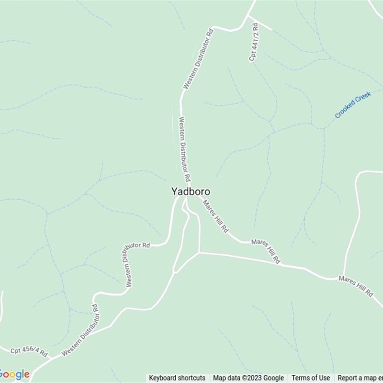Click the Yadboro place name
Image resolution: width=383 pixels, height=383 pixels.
(x=191, y=191)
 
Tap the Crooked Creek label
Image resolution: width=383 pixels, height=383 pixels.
(x=353, y=105)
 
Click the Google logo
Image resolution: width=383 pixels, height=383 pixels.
(x=14, y=374)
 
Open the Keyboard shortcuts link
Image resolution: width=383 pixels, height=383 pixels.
(x=177, y=378)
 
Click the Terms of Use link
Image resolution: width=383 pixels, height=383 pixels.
(x=311, y=378)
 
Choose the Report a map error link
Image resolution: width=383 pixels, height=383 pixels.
(x=360, y=378)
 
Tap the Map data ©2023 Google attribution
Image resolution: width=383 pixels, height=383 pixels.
(x=248, y=378)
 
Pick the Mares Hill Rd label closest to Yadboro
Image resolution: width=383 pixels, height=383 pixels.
(x=215, y=216)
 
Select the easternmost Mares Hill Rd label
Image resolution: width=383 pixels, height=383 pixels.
(x=355, y=286)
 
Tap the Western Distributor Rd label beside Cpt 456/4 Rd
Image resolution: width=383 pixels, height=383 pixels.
(x=81, y=331)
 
